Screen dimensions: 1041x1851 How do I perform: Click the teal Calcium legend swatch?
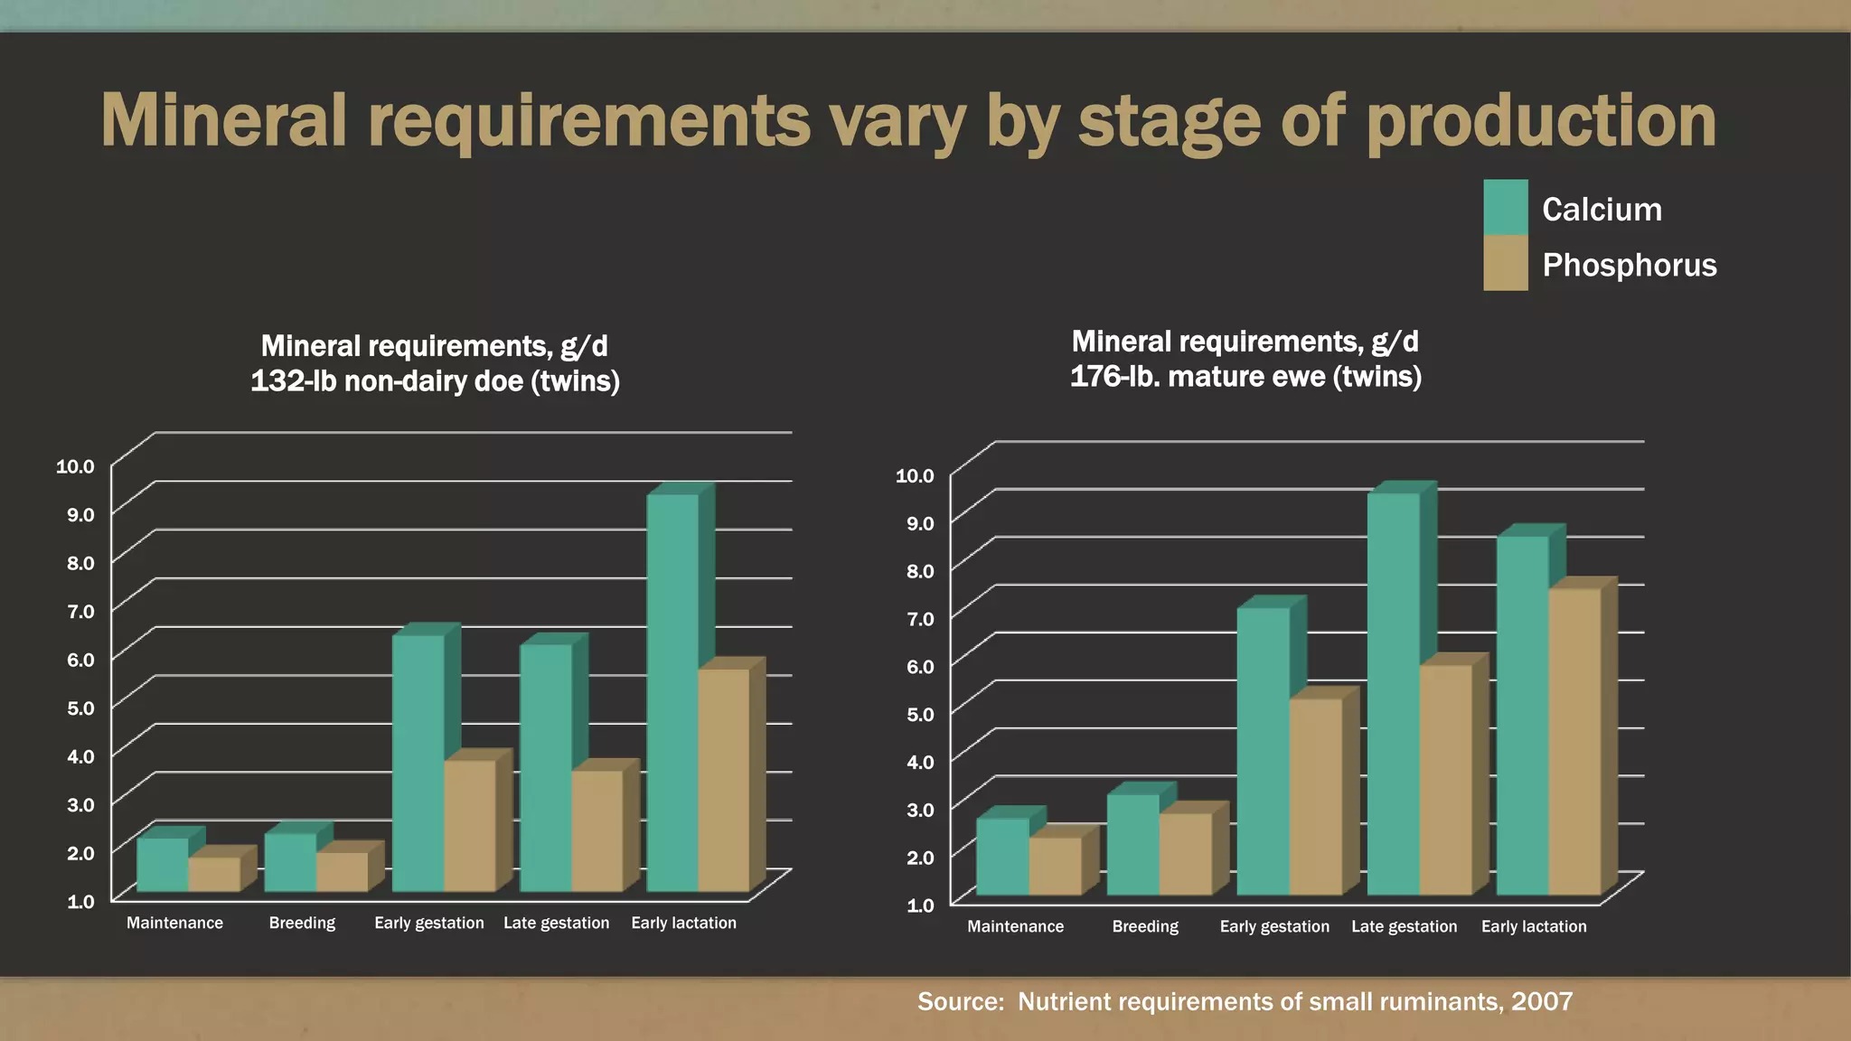click(1506, 207)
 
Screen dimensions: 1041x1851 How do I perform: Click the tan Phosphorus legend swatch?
click(1506, 263)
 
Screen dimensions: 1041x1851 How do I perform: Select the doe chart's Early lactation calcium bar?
click(672, 692)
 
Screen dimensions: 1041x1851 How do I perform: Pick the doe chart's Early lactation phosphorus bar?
click(724, 780)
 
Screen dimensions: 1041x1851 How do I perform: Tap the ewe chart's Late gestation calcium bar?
click(1393, 694)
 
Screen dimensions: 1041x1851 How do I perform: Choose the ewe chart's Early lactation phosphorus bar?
click(1574, 742)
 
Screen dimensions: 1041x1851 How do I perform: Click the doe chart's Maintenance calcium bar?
click(163, 865)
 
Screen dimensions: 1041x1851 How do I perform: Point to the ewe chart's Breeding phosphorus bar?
click(1185, 854)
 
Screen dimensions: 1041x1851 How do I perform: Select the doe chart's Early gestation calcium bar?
click(418, 763)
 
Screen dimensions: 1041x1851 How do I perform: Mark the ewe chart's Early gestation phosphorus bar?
click(1315, 796)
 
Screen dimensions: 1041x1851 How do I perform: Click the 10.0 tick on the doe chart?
click(75, 466)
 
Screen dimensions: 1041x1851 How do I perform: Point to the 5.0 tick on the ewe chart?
click(920, 714)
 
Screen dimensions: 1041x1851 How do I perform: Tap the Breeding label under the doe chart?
click(302, 923)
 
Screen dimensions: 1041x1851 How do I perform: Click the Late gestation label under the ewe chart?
click(1404, 926)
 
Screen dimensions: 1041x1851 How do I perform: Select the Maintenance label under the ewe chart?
click(1015, 926)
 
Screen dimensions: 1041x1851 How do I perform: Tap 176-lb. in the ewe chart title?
click(1114, 377)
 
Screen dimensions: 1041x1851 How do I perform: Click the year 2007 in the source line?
click(1542, 1001)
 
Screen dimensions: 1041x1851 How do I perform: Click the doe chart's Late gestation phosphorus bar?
click(597, 830)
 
